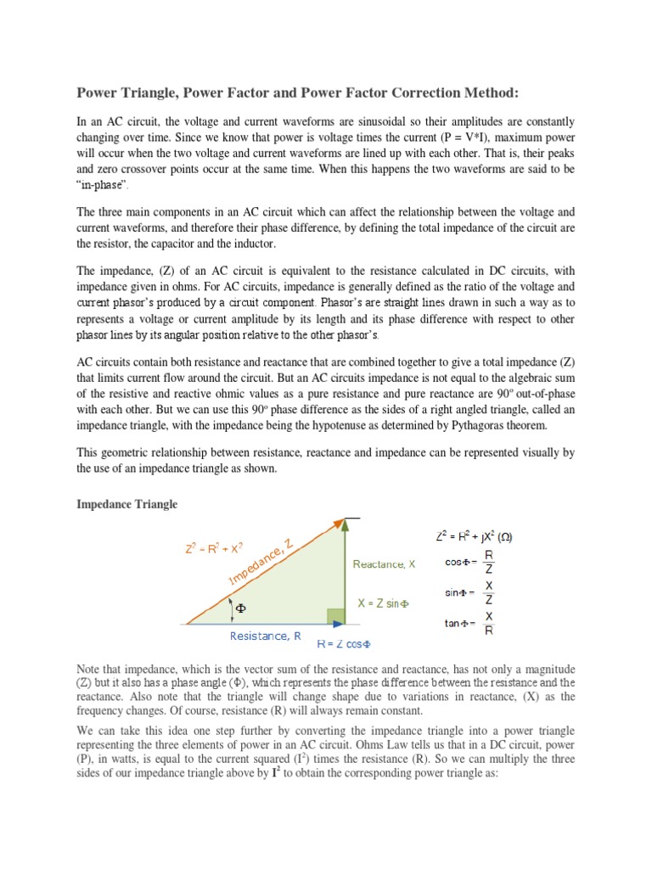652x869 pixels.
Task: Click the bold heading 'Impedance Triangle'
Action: [127, 504]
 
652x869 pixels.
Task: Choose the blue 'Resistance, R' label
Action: [265, 636]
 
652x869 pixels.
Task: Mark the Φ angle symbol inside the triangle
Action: [239, 608]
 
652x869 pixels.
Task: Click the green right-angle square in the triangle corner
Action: [336, 617]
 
